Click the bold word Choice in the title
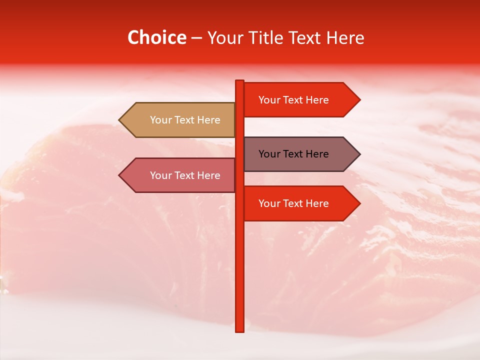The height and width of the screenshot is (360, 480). pos(156,37)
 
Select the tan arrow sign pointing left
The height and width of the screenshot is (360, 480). pos(180,120)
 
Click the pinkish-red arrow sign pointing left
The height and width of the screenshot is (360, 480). pos(180,175)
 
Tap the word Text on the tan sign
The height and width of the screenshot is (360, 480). pos(185,120)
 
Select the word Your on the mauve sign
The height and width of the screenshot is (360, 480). pos(269,154)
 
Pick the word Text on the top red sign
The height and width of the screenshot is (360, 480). pos(293,100)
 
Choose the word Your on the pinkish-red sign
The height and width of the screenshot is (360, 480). pos(160,175)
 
